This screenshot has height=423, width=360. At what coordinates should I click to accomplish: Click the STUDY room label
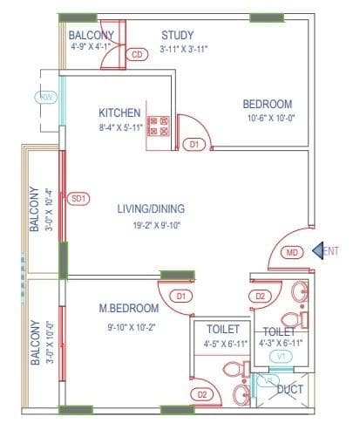178,35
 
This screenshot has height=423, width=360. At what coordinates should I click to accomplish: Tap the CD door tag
136,55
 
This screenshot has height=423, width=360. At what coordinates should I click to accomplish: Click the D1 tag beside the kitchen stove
195,144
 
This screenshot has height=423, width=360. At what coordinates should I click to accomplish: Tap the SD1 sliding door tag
78,198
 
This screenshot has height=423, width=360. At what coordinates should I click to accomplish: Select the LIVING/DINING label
153,209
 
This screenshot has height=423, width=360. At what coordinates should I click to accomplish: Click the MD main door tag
293,253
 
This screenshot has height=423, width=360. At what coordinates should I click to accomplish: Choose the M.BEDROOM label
129,309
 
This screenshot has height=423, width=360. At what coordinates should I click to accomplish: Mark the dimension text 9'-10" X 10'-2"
129,328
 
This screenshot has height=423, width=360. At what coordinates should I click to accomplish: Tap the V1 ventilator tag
281,356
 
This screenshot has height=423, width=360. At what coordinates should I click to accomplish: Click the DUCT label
289,390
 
